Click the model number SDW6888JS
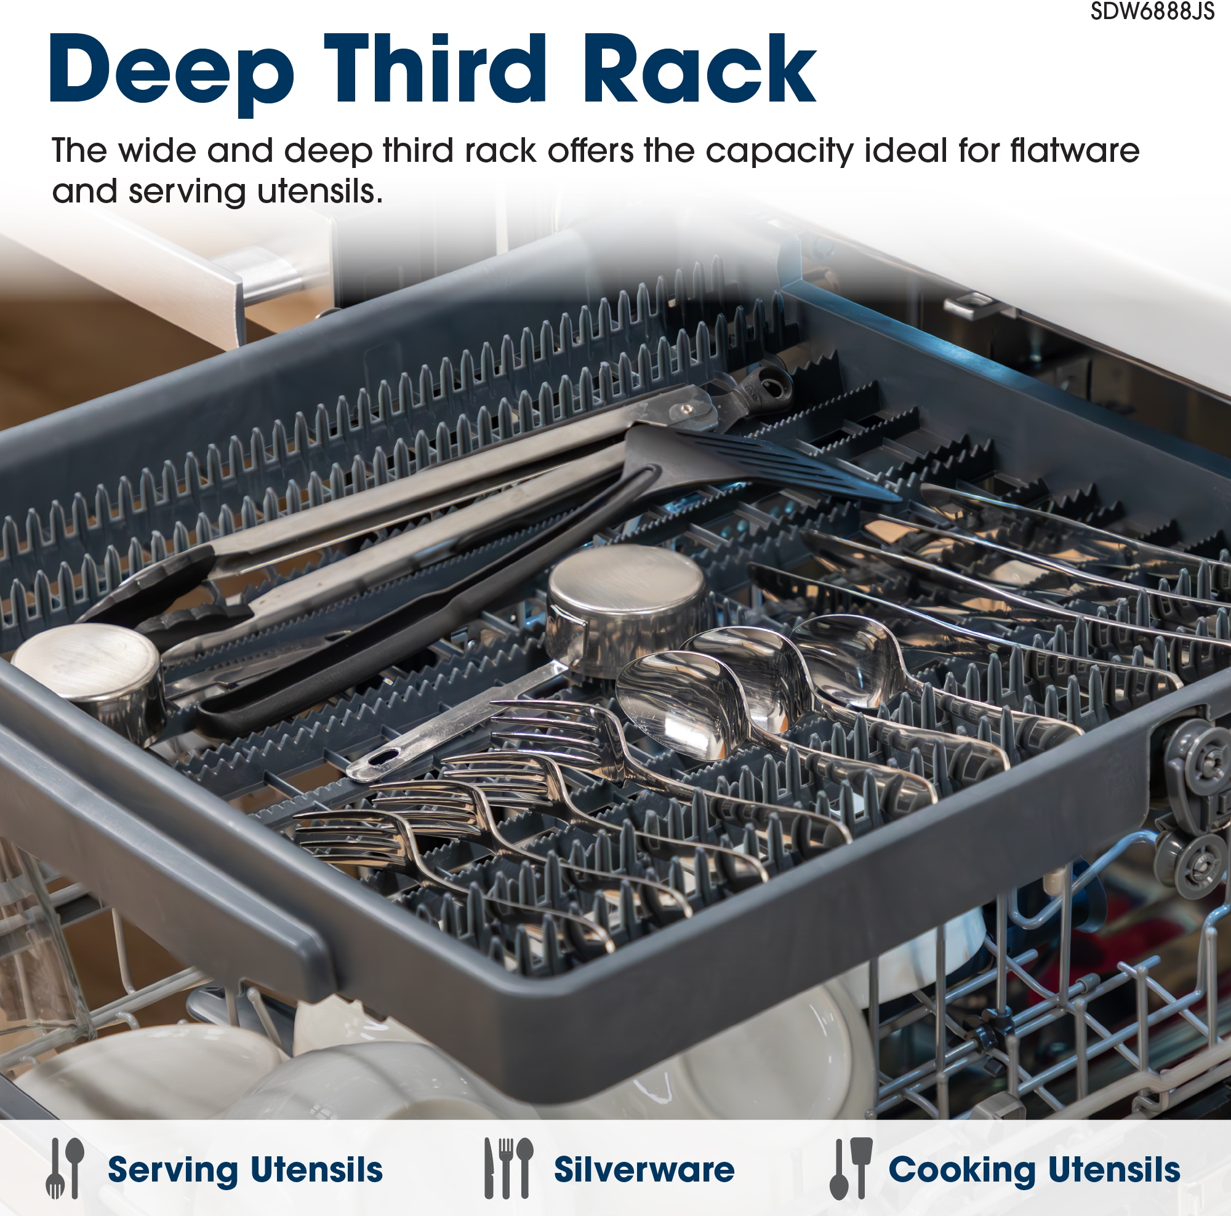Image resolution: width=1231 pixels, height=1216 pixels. tap(1152, 12)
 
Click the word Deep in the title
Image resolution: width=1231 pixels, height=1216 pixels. tap(172, 69)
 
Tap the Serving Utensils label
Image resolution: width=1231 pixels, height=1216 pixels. tap(246, 1169)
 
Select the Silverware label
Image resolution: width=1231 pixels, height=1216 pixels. tap(644, 1169)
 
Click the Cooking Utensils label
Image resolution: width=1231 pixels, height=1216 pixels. tap(1033, 1169)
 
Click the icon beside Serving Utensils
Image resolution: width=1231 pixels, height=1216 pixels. tap(65, 1167)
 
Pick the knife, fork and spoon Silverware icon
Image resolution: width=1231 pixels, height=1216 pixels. tap(508, 1167)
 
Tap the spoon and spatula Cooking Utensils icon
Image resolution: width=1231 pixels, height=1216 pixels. tap(851, 1167)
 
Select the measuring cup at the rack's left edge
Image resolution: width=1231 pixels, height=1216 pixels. tap(89, 676)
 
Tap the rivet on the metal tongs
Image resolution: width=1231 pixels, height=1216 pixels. tap(686, 407)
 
